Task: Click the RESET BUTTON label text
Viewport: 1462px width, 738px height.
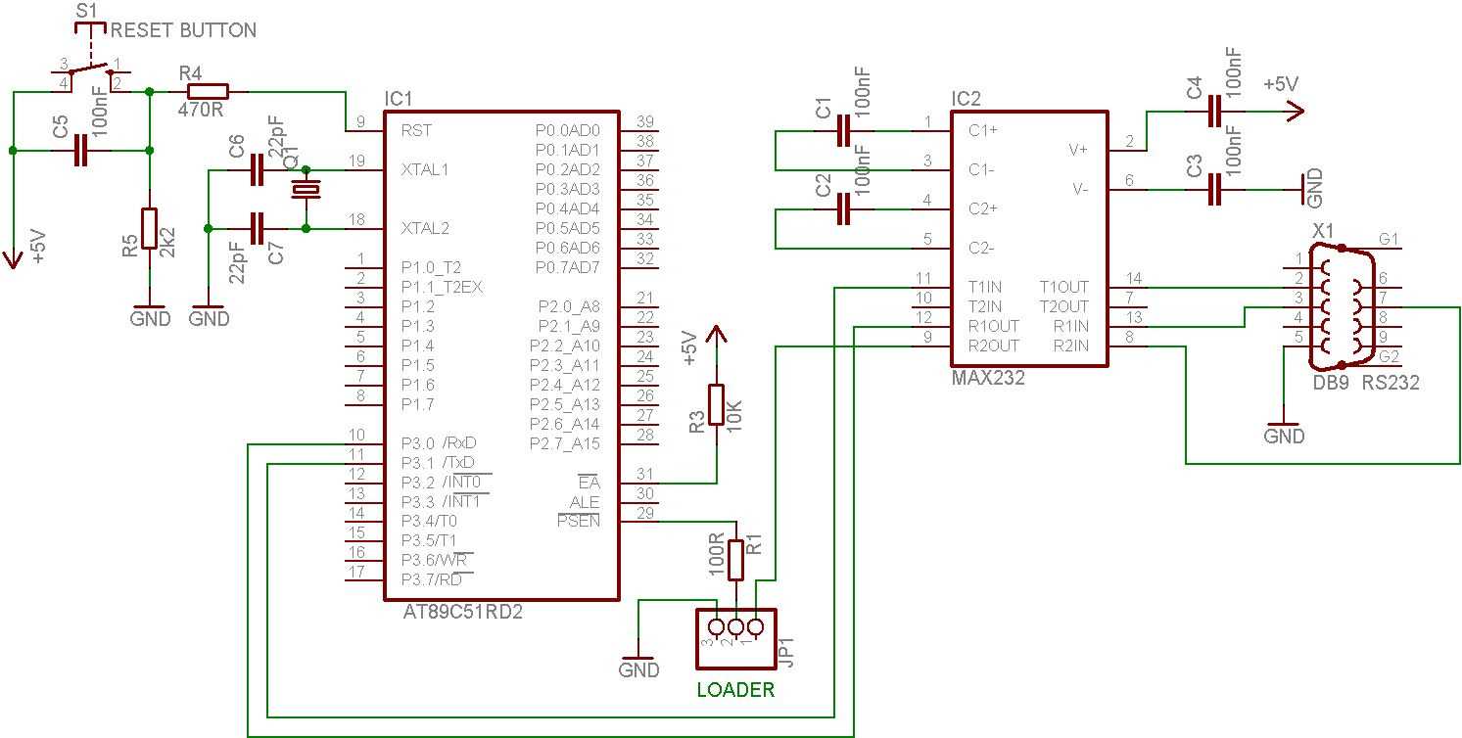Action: point(184,30)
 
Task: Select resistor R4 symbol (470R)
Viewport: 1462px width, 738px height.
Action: point(203,92)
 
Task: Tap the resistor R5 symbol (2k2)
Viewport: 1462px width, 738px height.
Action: point(149,228)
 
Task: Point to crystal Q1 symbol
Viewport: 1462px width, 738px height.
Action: point(307,190)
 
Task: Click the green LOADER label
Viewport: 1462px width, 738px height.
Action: point(735,690)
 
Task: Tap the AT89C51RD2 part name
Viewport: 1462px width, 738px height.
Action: point(461,613)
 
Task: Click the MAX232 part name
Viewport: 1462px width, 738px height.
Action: point(988,378)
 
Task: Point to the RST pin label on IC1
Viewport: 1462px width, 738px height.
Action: point(416,130)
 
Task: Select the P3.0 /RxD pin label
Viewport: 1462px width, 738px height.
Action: point(439,443)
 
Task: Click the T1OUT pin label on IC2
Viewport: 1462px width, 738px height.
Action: point(1062,287)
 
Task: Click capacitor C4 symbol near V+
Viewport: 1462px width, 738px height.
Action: point(1215,112)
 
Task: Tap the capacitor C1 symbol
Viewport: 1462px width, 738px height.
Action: point(844,131)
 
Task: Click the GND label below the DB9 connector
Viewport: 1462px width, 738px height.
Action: point(1284,437)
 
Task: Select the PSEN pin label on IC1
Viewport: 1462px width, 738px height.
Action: point(578,522)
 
